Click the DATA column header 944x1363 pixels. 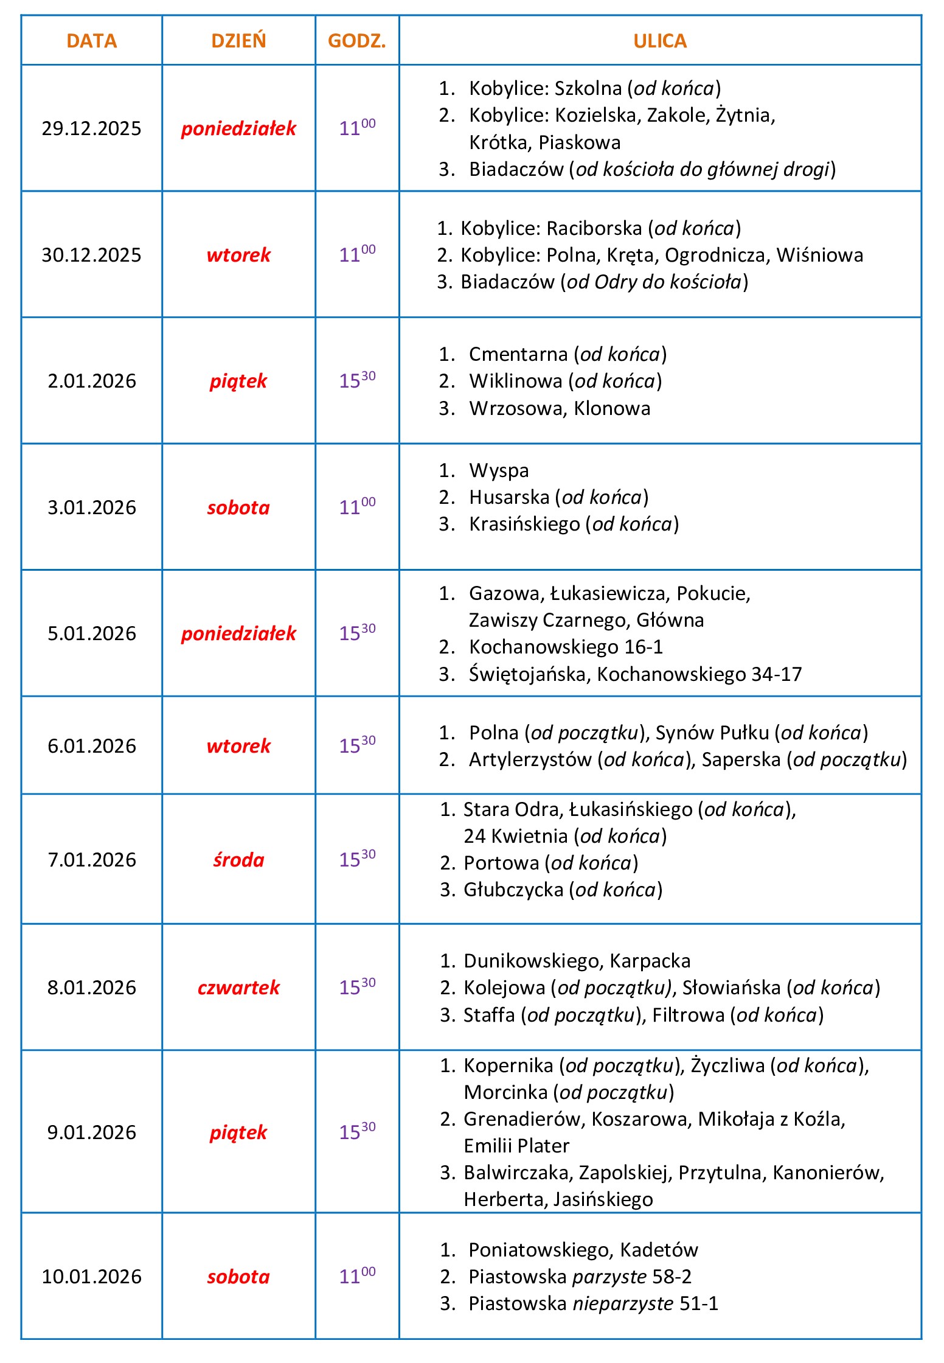91,41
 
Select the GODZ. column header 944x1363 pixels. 357,41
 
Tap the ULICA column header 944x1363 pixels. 660,41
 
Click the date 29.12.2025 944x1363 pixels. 91,128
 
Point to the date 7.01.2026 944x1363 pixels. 92,860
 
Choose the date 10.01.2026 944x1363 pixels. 91,1277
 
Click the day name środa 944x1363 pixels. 238,860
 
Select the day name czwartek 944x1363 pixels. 238,988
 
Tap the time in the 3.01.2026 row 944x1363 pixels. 357,506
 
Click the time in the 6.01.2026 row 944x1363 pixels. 357,745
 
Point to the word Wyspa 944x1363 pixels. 499,470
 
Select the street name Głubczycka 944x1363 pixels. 513,890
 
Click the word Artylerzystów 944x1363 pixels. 530,759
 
